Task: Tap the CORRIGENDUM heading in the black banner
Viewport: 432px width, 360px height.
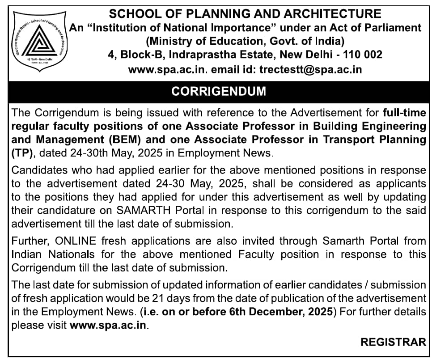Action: pos(218,91)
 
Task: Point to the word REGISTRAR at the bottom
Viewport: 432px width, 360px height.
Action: pos(393,342)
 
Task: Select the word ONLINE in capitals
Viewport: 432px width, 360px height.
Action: pos(76,241)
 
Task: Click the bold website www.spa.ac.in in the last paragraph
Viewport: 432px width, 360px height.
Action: pos(108,326)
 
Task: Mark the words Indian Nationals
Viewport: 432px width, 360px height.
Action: pos(53,254)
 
